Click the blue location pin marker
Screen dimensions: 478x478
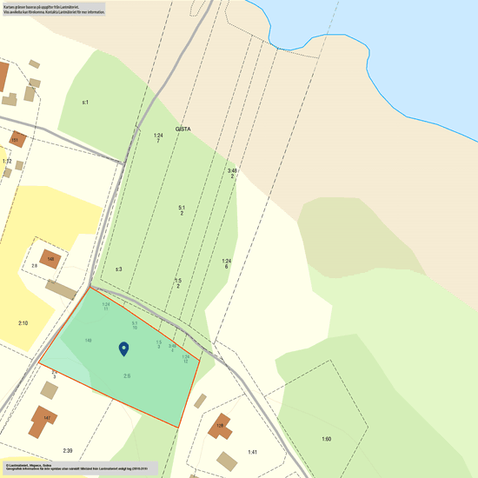point(123,349)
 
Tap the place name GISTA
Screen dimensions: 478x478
point(183,129)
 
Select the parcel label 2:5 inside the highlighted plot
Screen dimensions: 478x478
point(127,375)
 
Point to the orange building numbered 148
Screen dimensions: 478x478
point(52,259)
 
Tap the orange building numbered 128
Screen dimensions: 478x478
point(221,426)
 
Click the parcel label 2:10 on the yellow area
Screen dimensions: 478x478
point(23,323)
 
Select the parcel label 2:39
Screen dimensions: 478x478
point(68,450)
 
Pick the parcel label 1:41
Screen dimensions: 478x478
point(252,452)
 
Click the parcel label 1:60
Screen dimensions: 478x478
point(326,439)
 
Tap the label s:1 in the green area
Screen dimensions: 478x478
point(85,103)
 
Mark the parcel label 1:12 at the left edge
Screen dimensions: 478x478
point(6,162)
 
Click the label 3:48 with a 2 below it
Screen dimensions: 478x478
point(232,171)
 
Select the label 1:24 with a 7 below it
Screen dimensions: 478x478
point(158,136)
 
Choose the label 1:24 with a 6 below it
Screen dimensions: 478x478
point(226,262)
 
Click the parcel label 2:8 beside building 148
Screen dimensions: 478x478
point(35,265)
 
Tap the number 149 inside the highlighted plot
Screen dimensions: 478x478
point(89,340)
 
